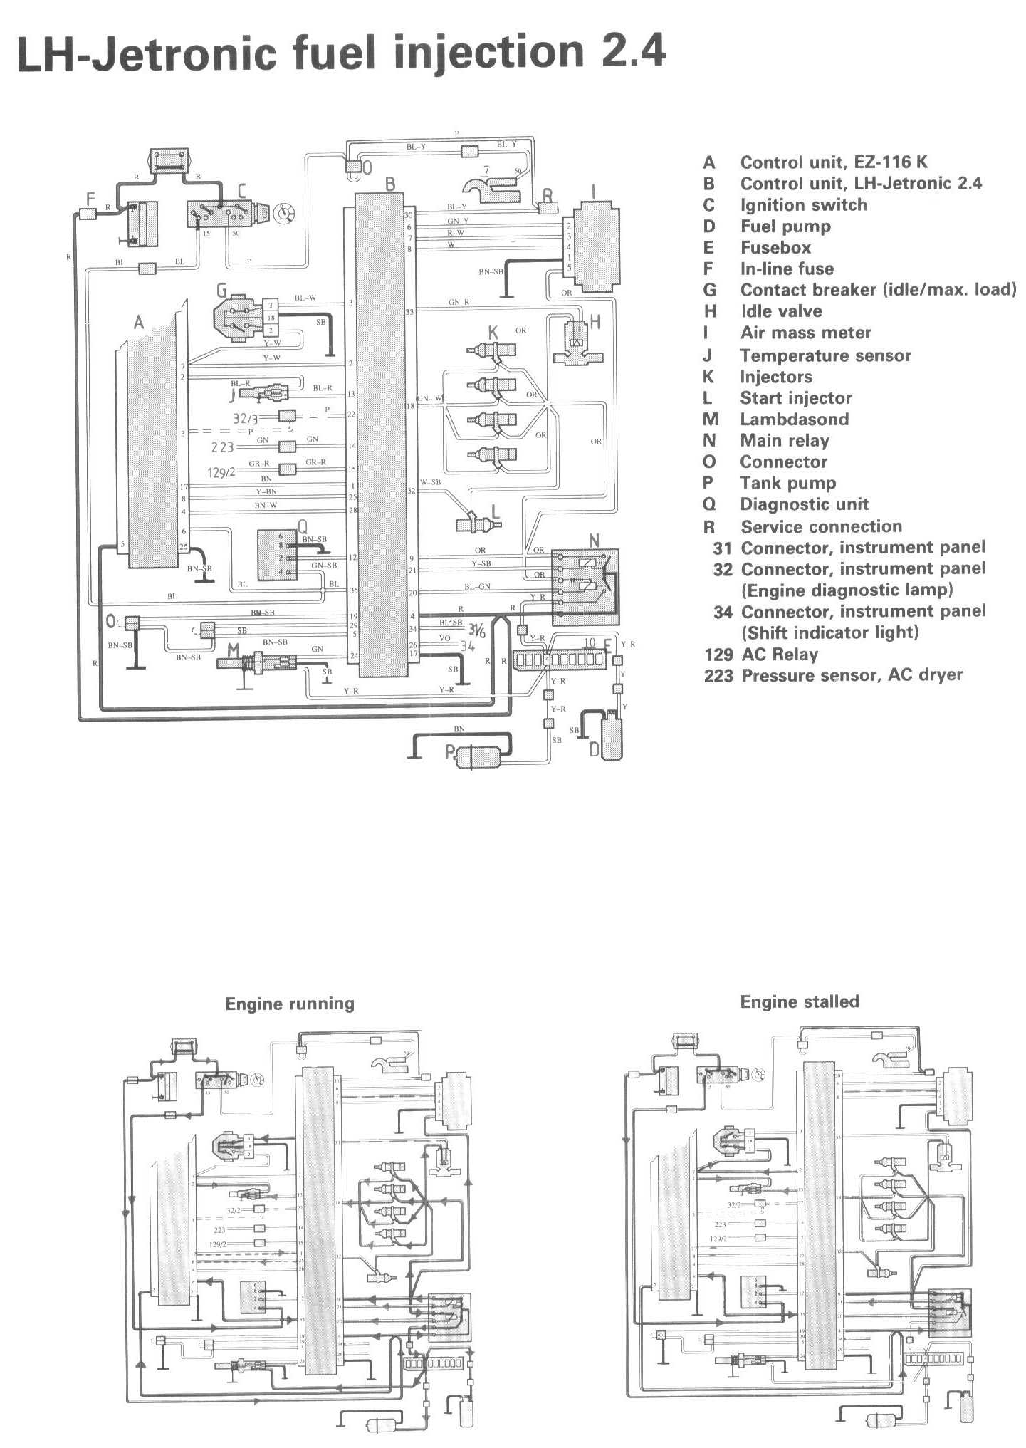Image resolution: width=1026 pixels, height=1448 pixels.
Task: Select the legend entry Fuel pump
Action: click(x=785, y=226)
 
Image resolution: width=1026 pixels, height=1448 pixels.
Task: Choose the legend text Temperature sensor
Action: click(x=826, y=355)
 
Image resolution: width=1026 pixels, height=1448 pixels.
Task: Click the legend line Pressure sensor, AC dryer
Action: click(x=852, y=675)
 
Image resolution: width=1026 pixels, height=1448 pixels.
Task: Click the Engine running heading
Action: click(x=290, y=1004)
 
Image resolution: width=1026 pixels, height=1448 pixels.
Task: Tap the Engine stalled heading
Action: click(x=800, y=1001)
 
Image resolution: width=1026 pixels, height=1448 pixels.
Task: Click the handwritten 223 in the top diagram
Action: click(x=223, y=447)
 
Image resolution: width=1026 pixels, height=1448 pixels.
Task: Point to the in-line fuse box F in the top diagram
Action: click(x=87, y=213)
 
